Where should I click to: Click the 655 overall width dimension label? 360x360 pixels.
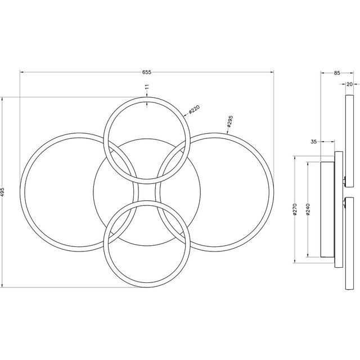point(147,73)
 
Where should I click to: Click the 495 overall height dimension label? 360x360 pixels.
point(3,192)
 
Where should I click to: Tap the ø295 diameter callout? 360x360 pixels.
point(231,122)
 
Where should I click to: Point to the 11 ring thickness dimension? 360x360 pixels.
point(146,88)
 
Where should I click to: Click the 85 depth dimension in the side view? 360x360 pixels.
point(336,73)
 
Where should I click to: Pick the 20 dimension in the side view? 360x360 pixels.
point(349,84)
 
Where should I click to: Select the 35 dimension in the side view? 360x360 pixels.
point(313,142)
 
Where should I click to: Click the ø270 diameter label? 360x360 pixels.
point(295,211)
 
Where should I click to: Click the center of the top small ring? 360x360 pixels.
point(146,140)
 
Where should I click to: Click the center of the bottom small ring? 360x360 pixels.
point(146,243)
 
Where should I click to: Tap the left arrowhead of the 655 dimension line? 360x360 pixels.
point(21,71)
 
